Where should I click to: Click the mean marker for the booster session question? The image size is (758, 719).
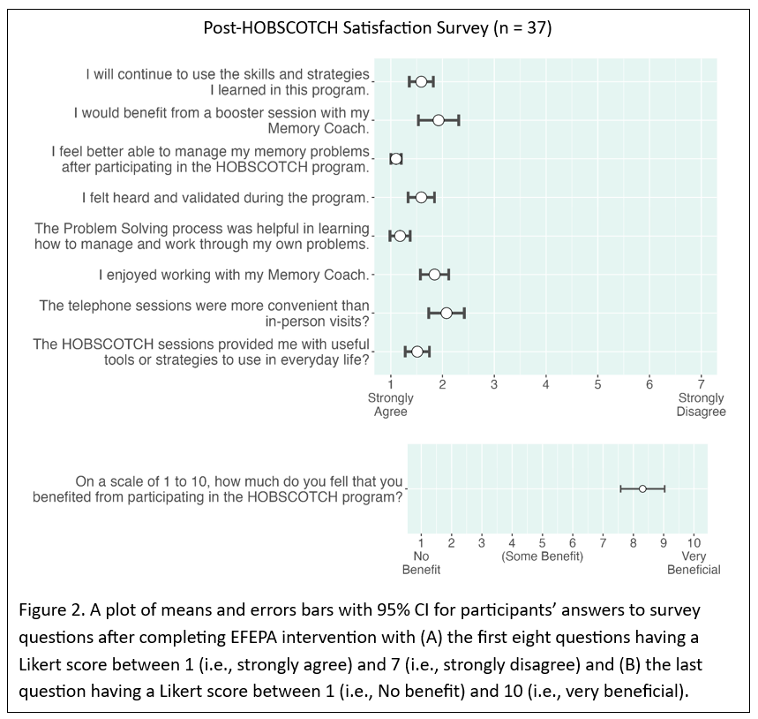coord(439,120)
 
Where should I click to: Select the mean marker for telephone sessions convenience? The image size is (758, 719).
coord(447,313)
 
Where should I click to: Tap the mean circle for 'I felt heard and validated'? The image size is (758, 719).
coord(421,197)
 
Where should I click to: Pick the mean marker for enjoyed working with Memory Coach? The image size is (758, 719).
coord(434,275)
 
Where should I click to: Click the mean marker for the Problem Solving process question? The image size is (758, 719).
coord(400,236)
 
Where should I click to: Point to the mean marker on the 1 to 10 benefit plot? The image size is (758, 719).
coord(642,488)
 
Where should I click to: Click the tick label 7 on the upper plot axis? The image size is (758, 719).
coord(701,383)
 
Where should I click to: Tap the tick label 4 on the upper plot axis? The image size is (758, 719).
coord(546,383)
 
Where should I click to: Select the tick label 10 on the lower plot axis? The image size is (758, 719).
coord(694,541)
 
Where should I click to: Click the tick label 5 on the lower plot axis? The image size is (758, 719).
coord(542,541)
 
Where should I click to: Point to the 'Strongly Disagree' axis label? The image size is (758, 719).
coord(702,405)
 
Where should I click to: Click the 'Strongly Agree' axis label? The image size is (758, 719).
coord(391,405)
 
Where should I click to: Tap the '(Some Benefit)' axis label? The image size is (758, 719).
coord(542,556)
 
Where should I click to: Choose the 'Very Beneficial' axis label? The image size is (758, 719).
coord(694,563)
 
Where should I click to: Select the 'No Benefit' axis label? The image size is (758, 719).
coord(421,563)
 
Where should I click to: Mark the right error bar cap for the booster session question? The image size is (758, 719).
coord(459,120)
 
